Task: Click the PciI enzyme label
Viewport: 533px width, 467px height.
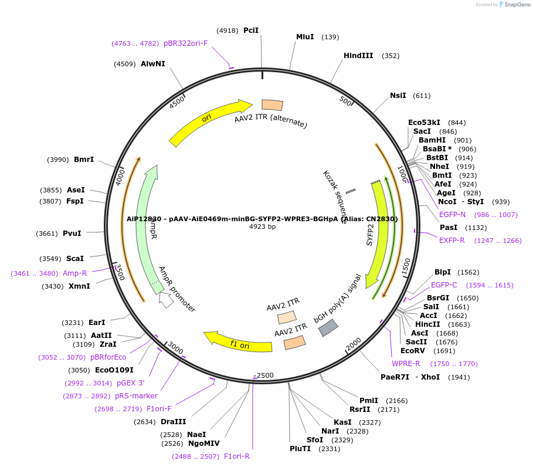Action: [x=251, y=30]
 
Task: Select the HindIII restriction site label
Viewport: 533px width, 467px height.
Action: [x=358, y=56]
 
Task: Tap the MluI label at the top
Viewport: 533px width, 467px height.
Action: [x=305, y=37]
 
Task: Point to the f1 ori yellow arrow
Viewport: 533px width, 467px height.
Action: [x=237, y=343]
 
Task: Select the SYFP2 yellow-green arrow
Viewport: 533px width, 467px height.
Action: [x=378, y=235]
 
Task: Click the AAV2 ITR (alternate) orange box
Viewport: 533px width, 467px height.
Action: [x=272, y=105]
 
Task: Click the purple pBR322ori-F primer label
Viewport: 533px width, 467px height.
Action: [x=186, y=43]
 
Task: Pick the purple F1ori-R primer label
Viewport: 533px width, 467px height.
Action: [x=237, y=456]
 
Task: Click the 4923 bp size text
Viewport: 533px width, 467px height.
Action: [x=262, y=226]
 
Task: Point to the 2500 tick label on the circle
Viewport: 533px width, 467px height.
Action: [x=265, y=375]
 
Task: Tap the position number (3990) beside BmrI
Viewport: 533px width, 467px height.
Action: [x=58, y=160]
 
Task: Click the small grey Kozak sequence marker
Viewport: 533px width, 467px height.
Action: [x=351, y=191]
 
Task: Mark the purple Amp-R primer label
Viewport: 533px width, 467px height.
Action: [x=75, y=273]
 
